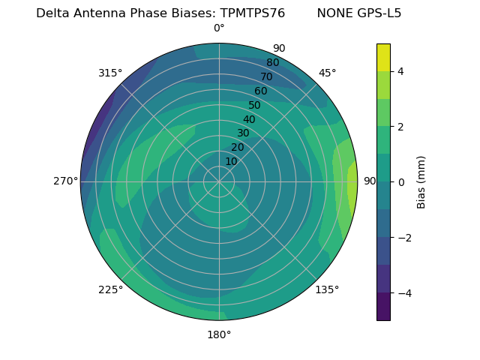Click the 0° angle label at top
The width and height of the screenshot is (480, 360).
pos(219,28)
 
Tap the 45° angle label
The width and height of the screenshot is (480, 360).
pos(327,73)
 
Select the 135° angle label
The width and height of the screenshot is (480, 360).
pos(327,289)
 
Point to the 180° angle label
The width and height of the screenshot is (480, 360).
pos(219,334)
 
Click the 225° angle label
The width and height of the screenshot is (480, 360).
pos(110,289)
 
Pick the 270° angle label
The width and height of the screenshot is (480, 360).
pos(65,181)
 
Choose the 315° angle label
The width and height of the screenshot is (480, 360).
pos(110,73)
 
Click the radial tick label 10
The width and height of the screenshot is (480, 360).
pos(231,161)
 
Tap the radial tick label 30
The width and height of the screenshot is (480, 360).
pos(243,133)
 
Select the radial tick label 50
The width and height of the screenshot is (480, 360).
pos(255,105)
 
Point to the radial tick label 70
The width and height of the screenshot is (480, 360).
pos(266,76)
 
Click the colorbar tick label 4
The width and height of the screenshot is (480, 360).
pos(400,71)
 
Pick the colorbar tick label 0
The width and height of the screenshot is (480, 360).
pos(400,181)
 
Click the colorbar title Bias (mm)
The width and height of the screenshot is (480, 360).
pos(421,181)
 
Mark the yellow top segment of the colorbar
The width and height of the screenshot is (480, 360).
pos(383,57)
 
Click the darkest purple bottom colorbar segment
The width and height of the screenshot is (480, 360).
pos(383,307)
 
